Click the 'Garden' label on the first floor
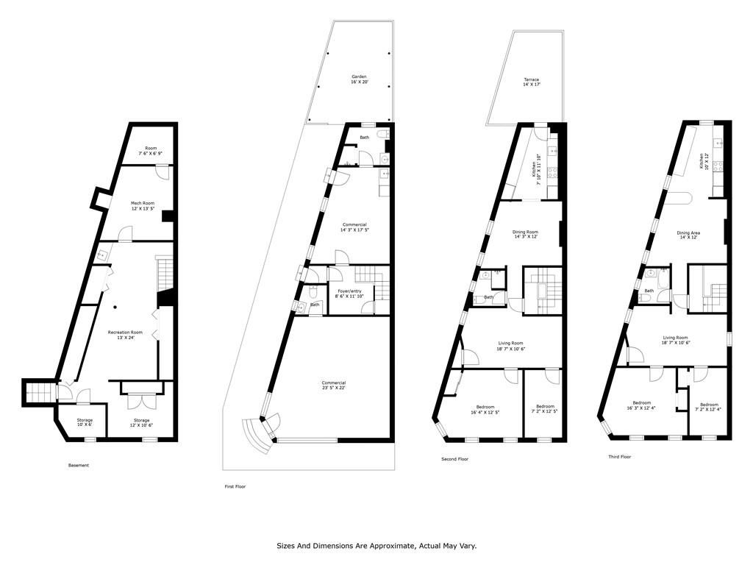[359, 77]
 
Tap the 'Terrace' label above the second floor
[531, 79]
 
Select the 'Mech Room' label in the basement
[142, 203]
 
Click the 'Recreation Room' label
[125, 332]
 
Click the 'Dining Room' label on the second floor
[525, 232]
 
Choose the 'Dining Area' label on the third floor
[688, 233]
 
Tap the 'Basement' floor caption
[79, 465]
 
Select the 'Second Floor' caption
[454, 459]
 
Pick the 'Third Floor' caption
[620, 457]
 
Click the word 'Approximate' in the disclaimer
[392, 546]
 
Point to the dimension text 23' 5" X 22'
[333, 388]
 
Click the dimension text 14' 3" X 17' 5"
[354, 230]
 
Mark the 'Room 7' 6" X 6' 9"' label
[151, 150]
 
